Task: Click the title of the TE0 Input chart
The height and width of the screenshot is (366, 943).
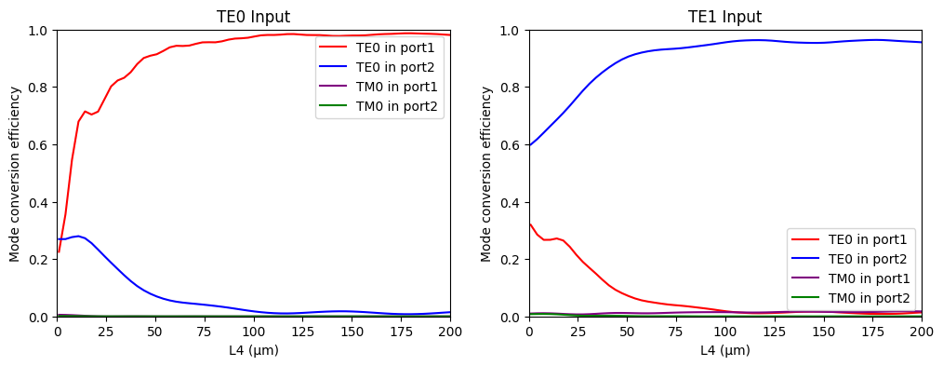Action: point(253,17)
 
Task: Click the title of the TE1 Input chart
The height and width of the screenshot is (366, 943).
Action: point(724,17)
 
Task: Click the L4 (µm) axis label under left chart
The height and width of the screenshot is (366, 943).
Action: point(253,351)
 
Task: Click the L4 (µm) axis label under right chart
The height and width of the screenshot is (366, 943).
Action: point(724,351)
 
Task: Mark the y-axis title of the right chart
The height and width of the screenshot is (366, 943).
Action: point(487,173)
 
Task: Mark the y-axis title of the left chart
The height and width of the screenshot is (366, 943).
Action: point(15,173)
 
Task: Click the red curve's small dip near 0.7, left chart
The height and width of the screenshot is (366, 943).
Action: point(90,115)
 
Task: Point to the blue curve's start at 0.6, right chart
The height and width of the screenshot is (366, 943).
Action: point(530,144)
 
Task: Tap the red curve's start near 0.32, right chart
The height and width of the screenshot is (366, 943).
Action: point(530,224)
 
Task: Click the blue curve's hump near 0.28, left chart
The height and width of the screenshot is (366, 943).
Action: point(78,236)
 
